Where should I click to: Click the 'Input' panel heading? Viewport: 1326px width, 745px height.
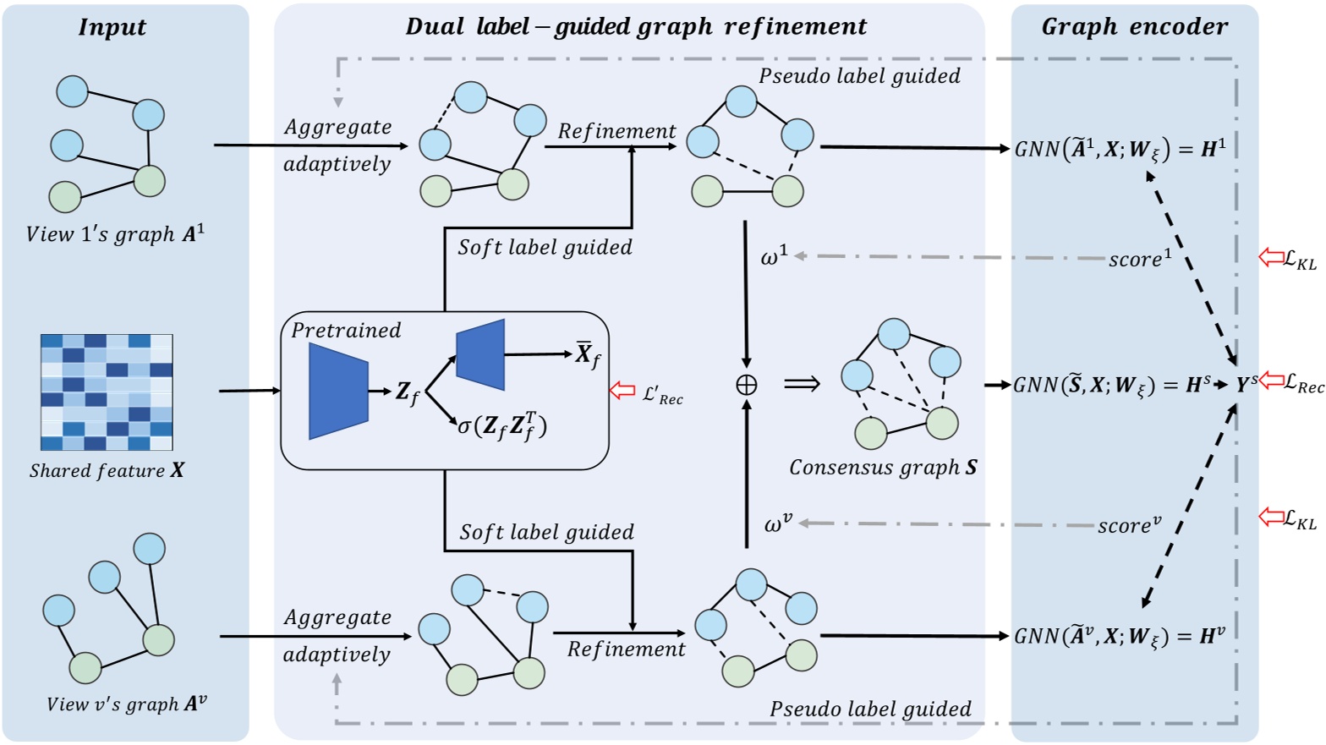[x=112, y=27]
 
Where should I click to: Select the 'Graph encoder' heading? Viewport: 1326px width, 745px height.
[x=1134, y=27]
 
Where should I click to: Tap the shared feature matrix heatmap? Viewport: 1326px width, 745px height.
[x=107, y=392]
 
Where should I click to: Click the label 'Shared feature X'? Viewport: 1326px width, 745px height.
[x=107, y=471]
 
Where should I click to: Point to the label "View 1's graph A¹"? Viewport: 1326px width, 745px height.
[x=115, y=234]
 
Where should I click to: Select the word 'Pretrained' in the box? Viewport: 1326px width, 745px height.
[x=346, y=330]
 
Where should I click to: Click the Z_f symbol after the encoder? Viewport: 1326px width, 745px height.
[x=408, y=392]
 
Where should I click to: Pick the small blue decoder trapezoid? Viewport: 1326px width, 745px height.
[x=480, y=354]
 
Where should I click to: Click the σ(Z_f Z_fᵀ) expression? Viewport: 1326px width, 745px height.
[x=502, y=426]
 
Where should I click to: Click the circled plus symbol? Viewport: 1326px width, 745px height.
[x=746, y=386]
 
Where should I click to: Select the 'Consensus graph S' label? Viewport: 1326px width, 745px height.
[x=883, y=468]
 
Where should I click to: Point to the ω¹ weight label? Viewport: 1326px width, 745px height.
[x=774, y=255]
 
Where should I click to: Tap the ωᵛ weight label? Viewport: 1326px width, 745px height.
[x=778, y=524]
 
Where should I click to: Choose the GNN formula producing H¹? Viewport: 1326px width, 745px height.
[x=1120, y=150]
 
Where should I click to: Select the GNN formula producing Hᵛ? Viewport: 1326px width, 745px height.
[x=1120, y=636]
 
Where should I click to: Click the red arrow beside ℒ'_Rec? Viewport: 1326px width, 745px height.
[x=622, y=391]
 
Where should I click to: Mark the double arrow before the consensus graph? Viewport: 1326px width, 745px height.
[x=802, y=385]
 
